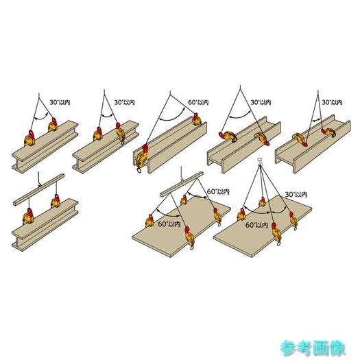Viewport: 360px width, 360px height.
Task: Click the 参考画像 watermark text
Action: pyautogui.click(x=313, y=348)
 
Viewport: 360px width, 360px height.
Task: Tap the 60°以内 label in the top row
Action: pyautogui.click(x=198, y=102)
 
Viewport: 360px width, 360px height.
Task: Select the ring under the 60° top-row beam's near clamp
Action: pyautogui.click(x=139, y=170)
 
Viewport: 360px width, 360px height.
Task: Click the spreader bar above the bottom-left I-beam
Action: pyautogui.click(x=39, y=190)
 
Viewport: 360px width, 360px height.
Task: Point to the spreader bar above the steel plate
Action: pyautogui.click(x=182, y=184)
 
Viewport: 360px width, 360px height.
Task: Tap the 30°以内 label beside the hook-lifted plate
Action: pyautogui.click(x=296, y=195)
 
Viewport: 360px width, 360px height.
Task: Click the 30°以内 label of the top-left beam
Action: pyautogui.click(x=60, y=102)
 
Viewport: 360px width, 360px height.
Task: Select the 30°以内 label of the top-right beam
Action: pyautogui.click(x=332, y=102)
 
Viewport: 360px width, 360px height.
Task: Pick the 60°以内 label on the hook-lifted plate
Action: pyautogui.click(x=256, y=225)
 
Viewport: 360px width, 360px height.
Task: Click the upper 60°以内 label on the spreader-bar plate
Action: pyautogui.click(x=218, y=191)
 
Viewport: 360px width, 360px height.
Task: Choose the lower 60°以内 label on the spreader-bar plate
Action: pyautogui.click(x=169, y=224)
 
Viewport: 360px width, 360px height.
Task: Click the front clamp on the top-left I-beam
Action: pyautogui.click(x=30, y=138)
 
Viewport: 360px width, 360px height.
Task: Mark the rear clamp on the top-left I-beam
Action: pyautogui.click(x=53, y=125)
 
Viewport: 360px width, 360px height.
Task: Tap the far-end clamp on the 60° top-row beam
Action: pyautogui.click(x=197, y=119)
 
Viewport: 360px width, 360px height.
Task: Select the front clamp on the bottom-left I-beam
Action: pyautogui.click(x=28, y=216)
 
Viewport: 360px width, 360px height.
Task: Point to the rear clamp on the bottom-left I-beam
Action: pyautogui.click(x=56, y=202)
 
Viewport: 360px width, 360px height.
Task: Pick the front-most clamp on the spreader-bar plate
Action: pyautogui.click(x=189, y=238)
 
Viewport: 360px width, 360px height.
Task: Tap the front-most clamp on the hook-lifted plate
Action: pyautogui.click(x=276, y=234)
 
